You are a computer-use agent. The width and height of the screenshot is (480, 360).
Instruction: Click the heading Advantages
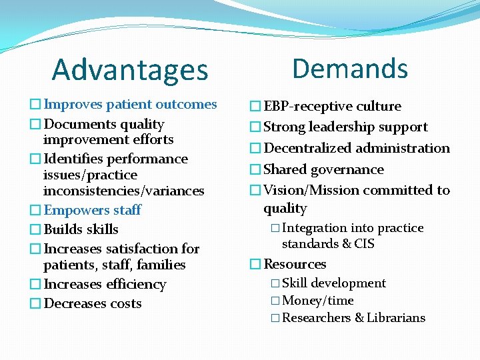click(x=130, y=69)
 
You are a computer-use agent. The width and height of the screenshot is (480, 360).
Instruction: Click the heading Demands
click(x=350, y=68)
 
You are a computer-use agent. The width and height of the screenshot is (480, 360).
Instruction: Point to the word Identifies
click(x=73, y=159)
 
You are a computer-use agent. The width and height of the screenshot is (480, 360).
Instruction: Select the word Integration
click(x=314, y=228)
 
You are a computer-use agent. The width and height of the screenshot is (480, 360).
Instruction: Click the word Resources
click(x=295, y=264)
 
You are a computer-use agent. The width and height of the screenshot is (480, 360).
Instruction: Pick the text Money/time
click(x=318, y=301)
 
